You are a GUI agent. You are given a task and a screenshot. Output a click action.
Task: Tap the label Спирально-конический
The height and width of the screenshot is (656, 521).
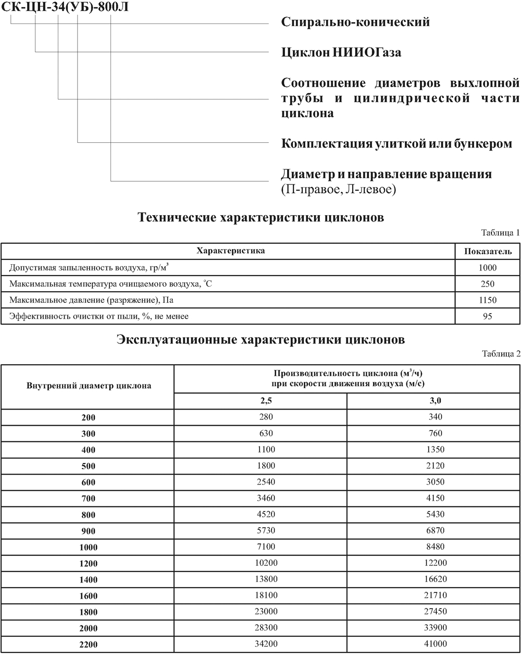click(355, 22)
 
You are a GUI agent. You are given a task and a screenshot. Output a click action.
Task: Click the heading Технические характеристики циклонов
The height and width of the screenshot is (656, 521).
click(260, 218)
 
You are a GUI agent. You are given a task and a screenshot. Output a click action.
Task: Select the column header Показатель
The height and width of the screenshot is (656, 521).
click(487, 251)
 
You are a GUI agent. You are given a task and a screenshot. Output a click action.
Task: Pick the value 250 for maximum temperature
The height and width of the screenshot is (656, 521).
click(488, 284)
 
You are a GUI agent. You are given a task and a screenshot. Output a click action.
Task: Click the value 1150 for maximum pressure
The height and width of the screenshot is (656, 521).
click(488, 300)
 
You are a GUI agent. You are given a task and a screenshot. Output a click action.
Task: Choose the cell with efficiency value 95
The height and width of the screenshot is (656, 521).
click(488, 316)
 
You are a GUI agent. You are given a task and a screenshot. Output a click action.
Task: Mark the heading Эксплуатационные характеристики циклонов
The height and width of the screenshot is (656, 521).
click(260, 340)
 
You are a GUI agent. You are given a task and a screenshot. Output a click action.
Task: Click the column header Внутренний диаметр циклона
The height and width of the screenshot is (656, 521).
click(89, 386)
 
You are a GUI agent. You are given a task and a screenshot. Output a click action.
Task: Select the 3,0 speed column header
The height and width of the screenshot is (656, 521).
click(433, 401)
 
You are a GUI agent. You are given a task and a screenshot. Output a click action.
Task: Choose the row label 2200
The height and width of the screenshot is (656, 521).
click(89, 645)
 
